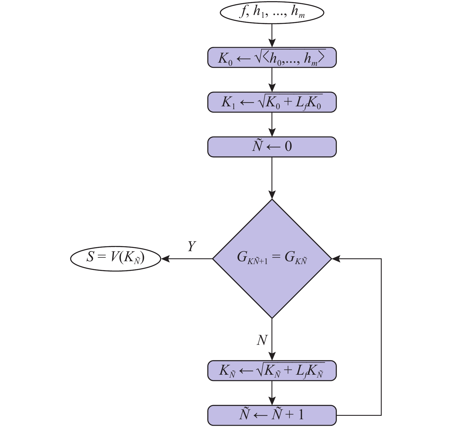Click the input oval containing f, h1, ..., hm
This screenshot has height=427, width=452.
pyautogui.click(x=272, y=13)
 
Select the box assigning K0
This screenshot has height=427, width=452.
pyautogui.click(x=272, y=57)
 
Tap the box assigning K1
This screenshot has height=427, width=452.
pyautogui.click(x=272, y=102)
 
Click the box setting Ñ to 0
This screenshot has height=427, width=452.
pyautogui.click(x=272, y=147)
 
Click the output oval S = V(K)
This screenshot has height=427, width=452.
pyautogui.click(x=115, y=258)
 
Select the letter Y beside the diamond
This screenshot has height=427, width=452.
pyautogui.click(x=192, y=247)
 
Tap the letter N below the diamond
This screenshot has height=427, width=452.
pyautogui.click(x=262, y=340)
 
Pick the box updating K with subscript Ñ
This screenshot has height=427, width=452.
pyautogui.click(x=272, y=371)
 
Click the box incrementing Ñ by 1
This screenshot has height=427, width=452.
pyautogui.click(x=272, y=415)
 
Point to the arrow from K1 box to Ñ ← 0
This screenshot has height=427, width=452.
pyautogui.click(x=272, y=124)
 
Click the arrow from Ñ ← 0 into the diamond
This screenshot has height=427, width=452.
pyautogui.click(x=272, y=178)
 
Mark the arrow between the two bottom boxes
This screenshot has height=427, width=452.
pyautogui.click(x=272, y=393)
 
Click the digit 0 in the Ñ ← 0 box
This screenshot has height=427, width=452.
pyautogui.click(x=288, y=147)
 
